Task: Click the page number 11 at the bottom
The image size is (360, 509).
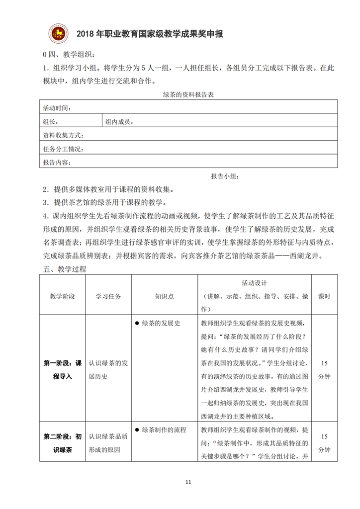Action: click(187, 482)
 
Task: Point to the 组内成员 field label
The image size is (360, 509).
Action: click(119, 121)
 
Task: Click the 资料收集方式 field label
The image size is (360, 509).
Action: click(63, 135)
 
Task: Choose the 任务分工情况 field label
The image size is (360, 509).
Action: click(63, 149)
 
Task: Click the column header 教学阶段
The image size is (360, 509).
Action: click(62, 296)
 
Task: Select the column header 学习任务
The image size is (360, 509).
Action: click(108, 296)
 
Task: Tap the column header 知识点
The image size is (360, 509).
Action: click(164, 296)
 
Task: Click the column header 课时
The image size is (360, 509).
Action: click(324, 296)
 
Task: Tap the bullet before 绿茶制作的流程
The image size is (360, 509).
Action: click(136, 429)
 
